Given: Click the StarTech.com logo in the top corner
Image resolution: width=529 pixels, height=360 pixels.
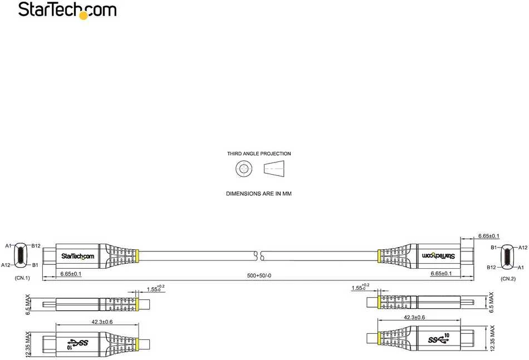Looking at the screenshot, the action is point(67,10).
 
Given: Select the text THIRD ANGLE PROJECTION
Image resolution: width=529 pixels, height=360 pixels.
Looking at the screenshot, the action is point(259,154).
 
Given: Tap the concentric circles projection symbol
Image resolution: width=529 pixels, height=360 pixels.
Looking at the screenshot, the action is point(244,169).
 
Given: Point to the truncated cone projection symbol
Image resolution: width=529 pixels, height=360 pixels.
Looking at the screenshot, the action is point(274,169).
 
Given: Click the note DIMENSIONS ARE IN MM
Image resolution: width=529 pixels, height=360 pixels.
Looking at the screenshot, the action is point(259,194).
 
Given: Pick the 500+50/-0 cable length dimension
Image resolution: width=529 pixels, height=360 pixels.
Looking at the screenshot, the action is point(259,275).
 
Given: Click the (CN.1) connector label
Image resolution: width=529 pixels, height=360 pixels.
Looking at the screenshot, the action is point(22,278).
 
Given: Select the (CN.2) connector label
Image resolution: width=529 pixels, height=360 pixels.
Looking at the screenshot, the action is point(508,279).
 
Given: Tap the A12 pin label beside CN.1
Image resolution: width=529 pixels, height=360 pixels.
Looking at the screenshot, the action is point(6,265).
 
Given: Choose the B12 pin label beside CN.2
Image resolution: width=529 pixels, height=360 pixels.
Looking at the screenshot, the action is point(491,267).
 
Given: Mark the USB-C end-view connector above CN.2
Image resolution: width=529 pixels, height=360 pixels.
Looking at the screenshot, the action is point(508,257).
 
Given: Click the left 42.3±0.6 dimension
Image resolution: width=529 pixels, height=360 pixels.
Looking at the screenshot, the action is point(102,322).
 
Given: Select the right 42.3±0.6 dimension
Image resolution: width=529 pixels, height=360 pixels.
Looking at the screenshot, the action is point(414,318).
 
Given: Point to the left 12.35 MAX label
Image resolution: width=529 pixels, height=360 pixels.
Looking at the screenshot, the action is point(28,344).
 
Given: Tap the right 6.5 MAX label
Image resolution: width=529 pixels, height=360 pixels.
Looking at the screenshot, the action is point(491,302).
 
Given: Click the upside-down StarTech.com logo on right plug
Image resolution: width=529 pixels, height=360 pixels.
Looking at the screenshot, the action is point(438,255).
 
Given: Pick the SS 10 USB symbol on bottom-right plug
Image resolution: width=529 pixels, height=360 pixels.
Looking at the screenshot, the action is point(439,339).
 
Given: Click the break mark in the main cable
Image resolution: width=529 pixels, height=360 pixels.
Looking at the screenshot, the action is point(258,255).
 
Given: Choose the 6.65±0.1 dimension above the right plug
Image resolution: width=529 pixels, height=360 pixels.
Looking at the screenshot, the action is point(488,236).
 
